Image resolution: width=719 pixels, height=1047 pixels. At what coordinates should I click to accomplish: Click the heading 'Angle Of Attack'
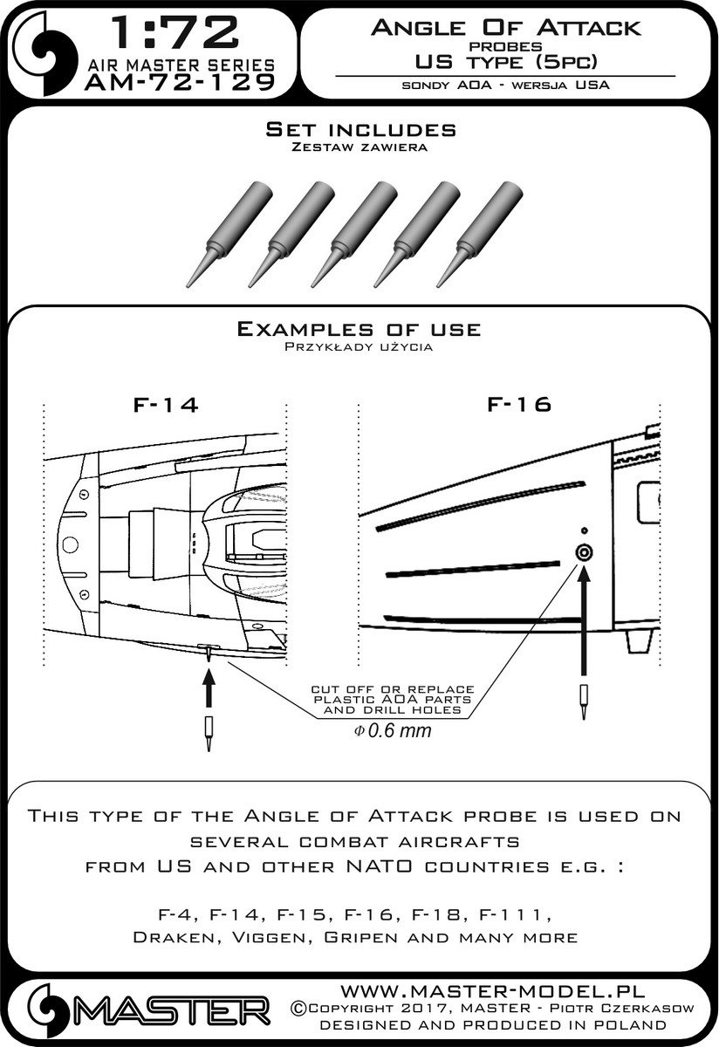coord(505,28)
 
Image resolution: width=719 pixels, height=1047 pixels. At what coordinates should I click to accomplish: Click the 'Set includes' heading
coord(360,130)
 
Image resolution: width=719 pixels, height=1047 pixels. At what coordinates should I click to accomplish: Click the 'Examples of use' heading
coord(359,329)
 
